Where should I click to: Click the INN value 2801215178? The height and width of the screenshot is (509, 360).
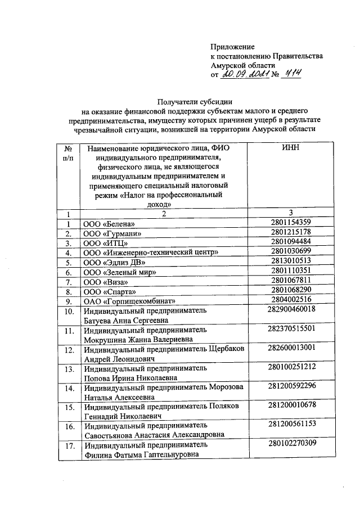click(x=290, y=232)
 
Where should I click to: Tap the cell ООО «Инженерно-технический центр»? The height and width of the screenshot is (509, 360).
click(x=148, y=253)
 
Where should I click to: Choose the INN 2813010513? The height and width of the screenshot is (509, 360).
click(x=290, y=262)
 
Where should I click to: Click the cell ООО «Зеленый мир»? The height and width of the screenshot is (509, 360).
click(x=119, y=273)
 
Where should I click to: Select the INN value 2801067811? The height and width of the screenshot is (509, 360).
click(x=290, y=281)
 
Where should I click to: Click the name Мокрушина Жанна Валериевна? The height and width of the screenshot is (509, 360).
click(x=138, y=339)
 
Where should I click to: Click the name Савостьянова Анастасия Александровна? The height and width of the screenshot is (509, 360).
click(x=154, y=435)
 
